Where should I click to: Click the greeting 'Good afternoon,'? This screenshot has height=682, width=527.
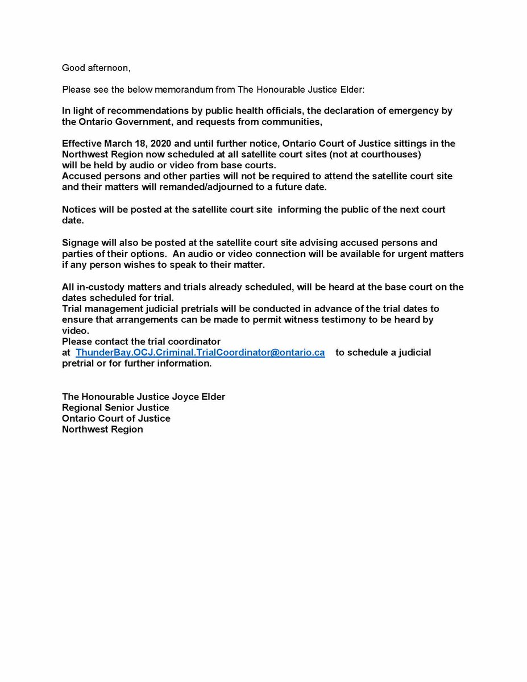(x=96, y=68)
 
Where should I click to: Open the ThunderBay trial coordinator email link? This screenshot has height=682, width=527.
(x=200, y=352)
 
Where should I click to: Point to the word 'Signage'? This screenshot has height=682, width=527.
(x=81, y=243)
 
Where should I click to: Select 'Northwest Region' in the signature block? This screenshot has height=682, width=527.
(x=102, y=429)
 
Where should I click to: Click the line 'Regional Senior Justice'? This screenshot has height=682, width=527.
(x=115, y=407)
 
